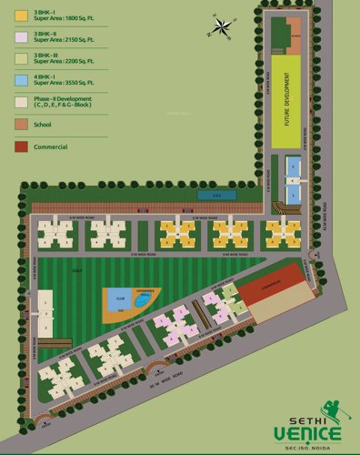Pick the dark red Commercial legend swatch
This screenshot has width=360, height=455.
21,146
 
